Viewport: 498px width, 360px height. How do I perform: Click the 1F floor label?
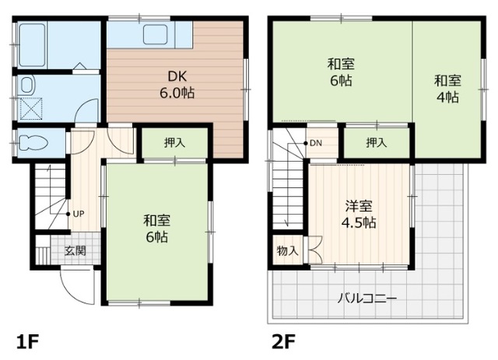[x=27, y=341]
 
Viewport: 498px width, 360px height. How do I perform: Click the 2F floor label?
[x=282, y=341]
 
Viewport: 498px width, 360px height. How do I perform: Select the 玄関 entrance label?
[x=75, y=250]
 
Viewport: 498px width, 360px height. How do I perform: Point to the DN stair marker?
[x=315, y=143]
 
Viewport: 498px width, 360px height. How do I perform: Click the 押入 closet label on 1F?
[x=174, y=143]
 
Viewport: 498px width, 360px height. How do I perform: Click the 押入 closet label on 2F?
[x=377, y=142]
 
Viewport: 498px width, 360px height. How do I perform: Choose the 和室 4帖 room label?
[x=446, y=88]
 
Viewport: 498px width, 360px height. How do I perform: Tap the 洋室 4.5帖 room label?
[x=360, y=215]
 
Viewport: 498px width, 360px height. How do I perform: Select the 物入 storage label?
[x=287, y=251]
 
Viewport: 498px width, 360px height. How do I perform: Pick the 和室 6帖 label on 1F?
[x=156, y=226]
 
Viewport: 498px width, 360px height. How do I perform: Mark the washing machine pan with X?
[x=31, y=108]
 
